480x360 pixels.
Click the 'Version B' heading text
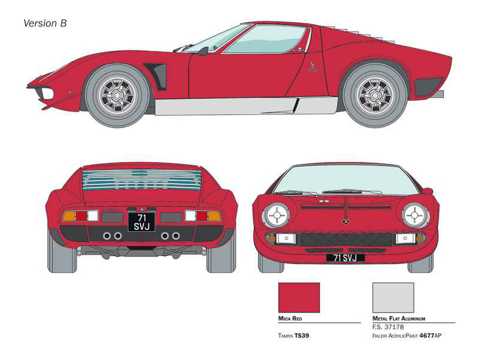click(44, 23)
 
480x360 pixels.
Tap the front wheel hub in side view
click(117, 95)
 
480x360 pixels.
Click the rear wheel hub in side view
click(375, 95)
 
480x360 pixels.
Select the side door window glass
click(265, 39)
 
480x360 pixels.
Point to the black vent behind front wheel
click(157, 77)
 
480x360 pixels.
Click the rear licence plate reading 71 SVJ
click(142, 222)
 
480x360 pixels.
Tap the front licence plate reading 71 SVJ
click(346, 258)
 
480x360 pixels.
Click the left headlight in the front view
click(277, 215)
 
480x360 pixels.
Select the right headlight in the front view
click(415, 215)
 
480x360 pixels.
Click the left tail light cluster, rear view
click(80, 216)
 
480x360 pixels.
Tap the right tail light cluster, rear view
click(202, 216)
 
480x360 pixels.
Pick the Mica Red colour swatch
click(299, 298)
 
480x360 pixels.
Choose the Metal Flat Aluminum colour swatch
click(393, 298)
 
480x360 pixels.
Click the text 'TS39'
click(302, 335)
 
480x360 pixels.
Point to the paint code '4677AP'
click(430, 335)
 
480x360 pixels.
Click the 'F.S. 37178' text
click(388, 327)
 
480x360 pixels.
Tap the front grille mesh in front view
click(346, 239)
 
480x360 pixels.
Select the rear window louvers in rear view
click(142, 179)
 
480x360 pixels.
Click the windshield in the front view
click(346, 180)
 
